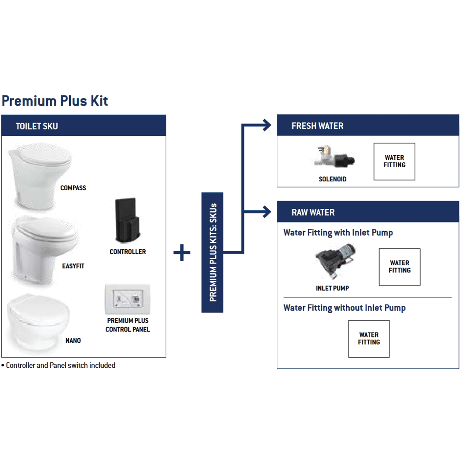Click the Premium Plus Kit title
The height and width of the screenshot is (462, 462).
pos(55,101)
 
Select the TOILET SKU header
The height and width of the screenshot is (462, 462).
pos(84,126)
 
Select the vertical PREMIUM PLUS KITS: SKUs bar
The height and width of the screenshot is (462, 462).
pos(213,253)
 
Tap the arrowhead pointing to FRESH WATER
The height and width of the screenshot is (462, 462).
pos(267,125)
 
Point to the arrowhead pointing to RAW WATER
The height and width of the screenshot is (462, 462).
pos(267,212)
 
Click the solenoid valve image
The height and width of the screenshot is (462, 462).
pos(334,159)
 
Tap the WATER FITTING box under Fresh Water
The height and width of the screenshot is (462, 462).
pos(394,161)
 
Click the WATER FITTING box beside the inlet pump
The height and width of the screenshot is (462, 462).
pos(400,267)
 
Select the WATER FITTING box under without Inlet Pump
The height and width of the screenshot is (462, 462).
pos(369,338)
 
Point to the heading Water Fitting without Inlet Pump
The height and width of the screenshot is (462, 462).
pos(345,308)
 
